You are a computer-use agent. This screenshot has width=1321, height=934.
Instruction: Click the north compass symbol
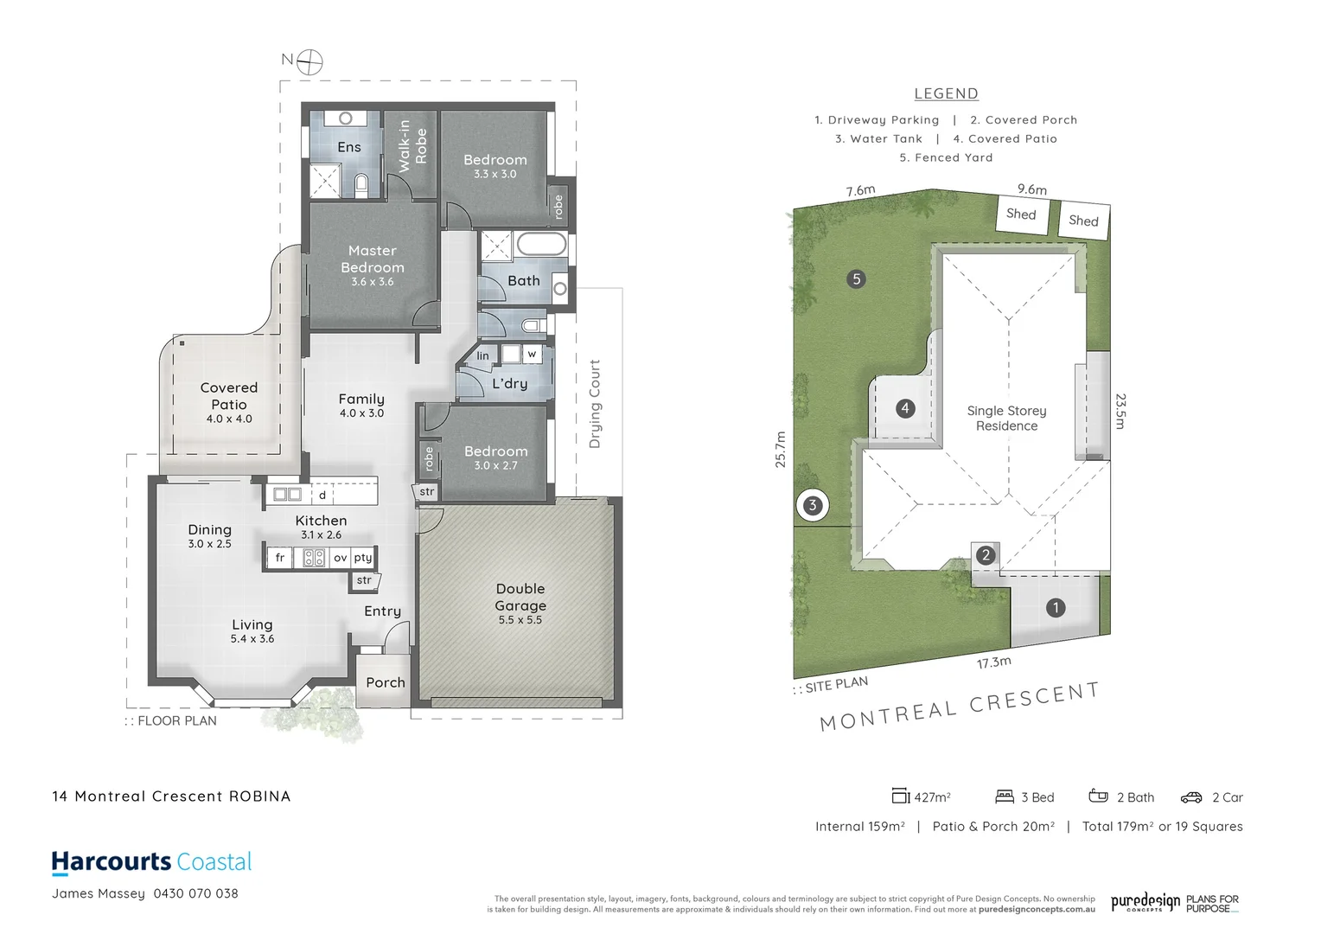[x=310, y=61]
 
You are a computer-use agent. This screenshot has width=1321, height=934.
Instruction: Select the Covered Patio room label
[x=229, y=396]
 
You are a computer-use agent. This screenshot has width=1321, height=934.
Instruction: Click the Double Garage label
[x=520, y=598]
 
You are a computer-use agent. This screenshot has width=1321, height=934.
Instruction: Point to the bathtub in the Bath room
[x=541, y=244]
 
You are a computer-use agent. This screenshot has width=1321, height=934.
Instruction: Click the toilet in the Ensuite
[x=361, y=183]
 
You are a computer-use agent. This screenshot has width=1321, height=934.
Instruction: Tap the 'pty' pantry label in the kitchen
[x=363, y=558]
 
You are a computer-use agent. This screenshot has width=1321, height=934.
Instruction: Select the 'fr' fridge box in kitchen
[x=279, y=558]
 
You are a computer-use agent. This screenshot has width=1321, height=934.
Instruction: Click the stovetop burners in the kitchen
[x=314, y=558]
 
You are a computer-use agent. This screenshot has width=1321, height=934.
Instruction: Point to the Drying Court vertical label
[x=595, y=404]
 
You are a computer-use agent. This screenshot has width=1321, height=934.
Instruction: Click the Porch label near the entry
[x=386, y=682]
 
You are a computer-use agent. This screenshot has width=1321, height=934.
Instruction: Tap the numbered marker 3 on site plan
[x=812, y=506]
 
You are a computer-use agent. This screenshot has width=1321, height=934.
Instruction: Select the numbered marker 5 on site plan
[x=857, y=278]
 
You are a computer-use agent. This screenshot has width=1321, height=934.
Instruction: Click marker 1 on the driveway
[x=1056, y=608]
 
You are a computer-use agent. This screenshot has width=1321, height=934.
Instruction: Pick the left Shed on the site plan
[x=1021, y=214]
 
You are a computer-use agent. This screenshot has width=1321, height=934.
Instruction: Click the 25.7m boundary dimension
[x=781, y=450]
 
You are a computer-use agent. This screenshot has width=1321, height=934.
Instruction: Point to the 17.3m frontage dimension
[x=994, y=662]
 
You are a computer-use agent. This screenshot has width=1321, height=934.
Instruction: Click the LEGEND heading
[x=947, y=93]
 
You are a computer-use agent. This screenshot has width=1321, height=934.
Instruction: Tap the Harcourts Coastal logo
[x=152, y=862]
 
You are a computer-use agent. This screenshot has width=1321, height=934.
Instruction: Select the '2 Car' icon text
[x=1227, y=797]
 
